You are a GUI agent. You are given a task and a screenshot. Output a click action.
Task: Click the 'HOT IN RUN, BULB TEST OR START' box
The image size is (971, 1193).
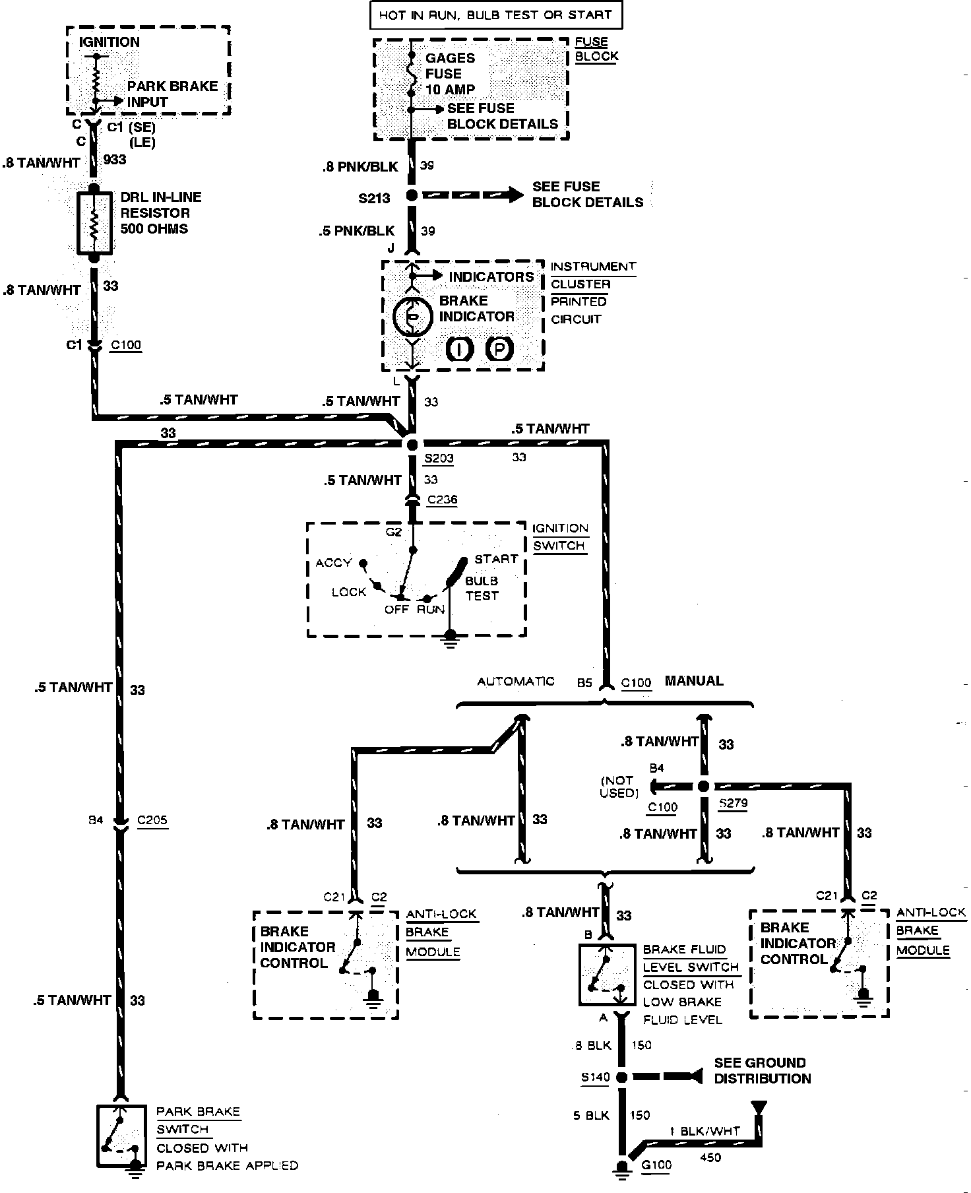pyautogui.click(x=495, y=15)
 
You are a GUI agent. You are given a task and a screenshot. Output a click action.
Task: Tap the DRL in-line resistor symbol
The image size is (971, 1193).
pyautogui.click(x=94, y=223)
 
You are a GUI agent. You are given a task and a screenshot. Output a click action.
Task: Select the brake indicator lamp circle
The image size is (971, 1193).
pyautogui.click(x=412, y=317)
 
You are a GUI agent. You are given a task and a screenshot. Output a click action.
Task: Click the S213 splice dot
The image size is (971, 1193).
pyautogui.click(x=412, y=196)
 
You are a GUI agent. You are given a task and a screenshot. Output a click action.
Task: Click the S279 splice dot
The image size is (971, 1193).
pyautogui.click(x=703, y=786)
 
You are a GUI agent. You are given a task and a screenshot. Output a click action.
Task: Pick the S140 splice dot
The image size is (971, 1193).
pyautogui.click(x=621, y=1078)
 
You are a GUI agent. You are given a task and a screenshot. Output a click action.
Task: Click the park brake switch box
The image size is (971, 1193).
pyautogui.click(x=121, y=1138)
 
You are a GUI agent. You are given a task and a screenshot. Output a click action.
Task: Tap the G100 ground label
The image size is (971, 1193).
pyautogui.click(x=656, y=1165)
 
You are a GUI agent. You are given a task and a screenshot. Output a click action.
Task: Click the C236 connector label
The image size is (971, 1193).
pyautogui.click(x=442, y=500)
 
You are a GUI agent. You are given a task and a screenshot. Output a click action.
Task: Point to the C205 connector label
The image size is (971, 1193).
pyautogui.click(x=152, y=821)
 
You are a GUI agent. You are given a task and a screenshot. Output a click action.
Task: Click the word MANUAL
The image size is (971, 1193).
pyautogui.click(x=694, y=681)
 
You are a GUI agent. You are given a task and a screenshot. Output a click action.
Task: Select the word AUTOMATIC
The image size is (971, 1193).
pyautogui.click(x=516, y=682)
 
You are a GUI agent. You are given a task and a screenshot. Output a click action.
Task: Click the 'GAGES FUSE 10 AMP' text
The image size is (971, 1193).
pyautogui.click(x=450, y=74)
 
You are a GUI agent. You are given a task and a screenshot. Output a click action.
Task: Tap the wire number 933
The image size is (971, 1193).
pyautogui.click(x=115, y=160)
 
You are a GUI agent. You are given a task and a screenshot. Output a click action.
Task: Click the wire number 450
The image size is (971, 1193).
pyautogui.click(x=710, y=1157)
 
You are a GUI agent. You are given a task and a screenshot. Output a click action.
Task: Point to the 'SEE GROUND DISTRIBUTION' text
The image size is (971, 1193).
pyautogui.click(x=763, y=1070)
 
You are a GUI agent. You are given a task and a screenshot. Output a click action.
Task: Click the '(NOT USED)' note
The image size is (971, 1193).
pyautogui.click(x=618, y=786)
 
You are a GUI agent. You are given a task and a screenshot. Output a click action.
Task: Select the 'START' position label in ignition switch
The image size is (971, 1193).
pyautogui.click(x=496, y=559)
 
